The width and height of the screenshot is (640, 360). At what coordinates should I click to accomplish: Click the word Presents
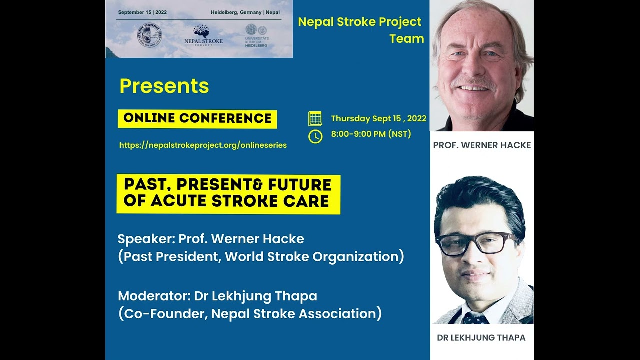tap(164, 86)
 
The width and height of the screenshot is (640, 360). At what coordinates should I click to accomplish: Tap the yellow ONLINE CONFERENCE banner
tap(197, 118)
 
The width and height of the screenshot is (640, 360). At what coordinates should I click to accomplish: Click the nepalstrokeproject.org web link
tap(203, 145)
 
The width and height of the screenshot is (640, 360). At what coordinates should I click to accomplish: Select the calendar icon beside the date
tap(315, 118)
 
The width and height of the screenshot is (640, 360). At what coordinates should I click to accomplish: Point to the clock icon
tap(315, 136)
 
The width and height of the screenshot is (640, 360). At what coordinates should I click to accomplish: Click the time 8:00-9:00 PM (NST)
tap(371, 134)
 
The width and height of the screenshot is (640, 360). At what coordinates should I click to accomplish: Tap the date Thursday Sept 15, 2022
tap(378, 118)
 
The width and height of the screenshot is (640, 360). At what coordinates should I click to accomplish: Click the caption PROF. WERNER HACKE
tap(482, 145)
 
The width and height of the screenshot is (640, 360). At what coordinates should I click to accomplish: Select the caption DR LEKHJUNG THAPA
tap(481, 338)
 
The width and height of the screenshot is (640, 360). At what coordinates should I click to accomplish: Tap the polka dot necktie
tap(474, 318)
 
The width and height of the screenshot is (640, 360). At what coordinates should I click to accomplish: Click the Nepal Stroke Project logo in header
tap(203, 36)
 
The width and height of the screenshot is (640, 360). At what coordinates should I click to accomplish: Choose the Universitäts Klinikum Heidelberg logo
tap(256, 35)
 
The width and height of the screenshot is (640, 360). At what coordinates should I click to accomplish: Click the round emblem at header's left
tap(149, 35)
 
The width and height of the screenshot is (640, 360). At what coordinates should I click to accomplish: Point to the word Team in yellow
tap(406, 39)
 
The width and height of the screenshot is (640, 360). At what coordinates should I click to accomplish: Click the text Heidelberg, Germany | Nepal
tap(245, 12)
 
